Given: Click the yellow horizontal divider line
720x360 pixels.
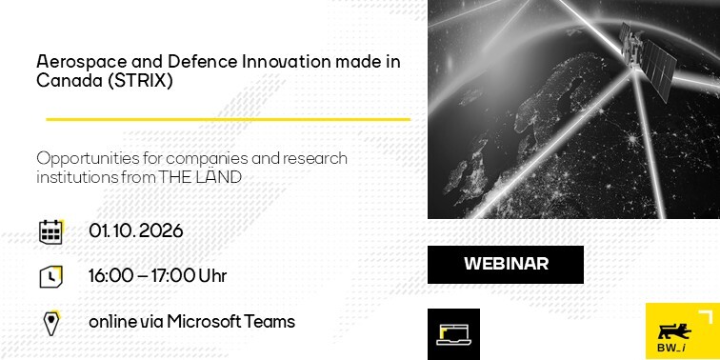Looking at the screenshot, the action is (x=229, y=119).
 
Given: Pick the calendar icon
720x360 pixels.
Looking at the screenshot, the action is (x=51, y=231).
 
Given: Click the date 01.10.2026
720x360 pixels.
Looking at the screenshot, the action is (x=136, y=231).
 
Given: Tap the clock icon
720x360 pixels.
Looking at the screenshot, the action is (x=51, y=276).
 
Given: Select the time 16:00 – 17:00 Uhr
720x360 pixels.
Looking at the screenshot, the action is (x=157, y=276).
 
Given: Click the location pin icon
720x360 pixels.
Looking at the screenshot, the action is (x=51, y=323).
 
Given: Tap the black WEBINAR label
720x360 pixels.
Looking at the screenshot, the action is (x=506, y=265).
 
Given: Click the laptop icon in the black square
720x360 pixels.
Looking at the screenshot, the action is (x=453, y=334).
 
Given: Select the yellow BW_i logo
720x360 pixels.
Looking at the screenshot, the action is (x=682, y=331).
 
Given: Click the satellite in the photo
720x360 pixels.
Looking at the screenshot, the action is (x=648, y=60).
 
